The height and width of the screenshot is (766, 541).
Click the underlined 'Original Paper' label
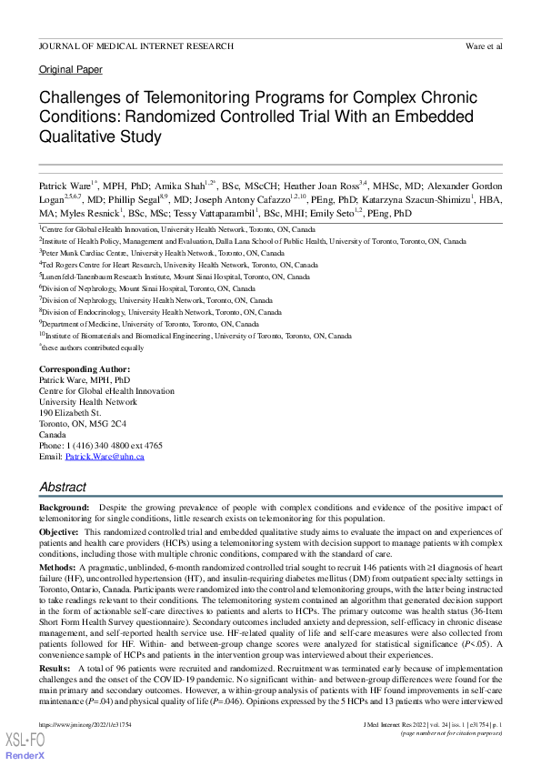[70, 70]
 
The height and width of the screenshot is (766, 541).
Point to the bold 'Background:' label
[64, 505]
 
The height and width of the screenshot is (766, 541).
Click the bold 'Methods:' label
[57, 566]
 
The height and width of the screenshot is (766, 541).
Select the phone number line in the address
[100, 446]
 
